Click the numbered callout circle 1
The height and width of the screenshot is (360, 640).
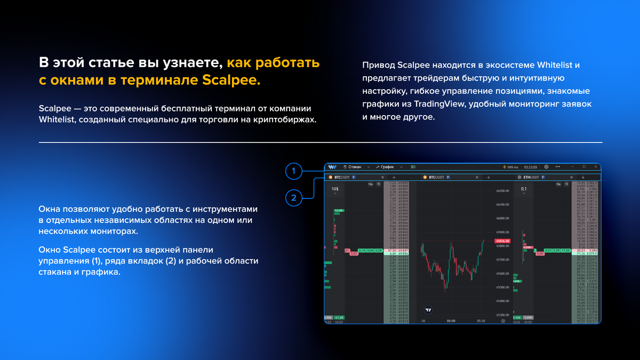coord(293,171)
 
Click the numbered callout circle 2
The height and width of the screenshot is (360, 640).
coord(293,198)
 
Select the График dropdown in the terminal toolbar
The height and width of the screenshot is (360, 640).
coord(389,167)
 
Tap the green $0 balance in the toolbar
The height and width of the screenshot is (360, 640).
coord(413,167)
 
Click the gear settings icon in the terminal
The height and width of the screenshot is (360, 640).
coord(546,167)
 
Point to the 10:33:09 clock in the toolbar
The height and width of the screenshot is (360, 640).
coord(530,167)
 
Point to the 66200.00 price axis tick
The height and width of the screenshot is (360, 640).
coord(502,190)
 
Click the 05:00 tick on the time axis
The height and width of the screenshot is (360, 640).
coord(451,321)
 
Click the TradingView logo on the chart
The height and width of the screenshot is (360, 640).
coord(428,309)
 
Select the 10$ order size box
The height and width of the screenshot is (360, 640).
coord(335,189)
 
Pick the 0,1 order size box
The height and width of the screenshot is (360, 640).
coord(524,189)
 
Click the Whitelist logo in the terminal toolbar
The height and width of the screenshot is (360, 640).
coord(332,167)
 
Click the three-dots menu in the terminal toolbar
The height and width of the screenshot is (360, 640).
coord(558,167)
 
